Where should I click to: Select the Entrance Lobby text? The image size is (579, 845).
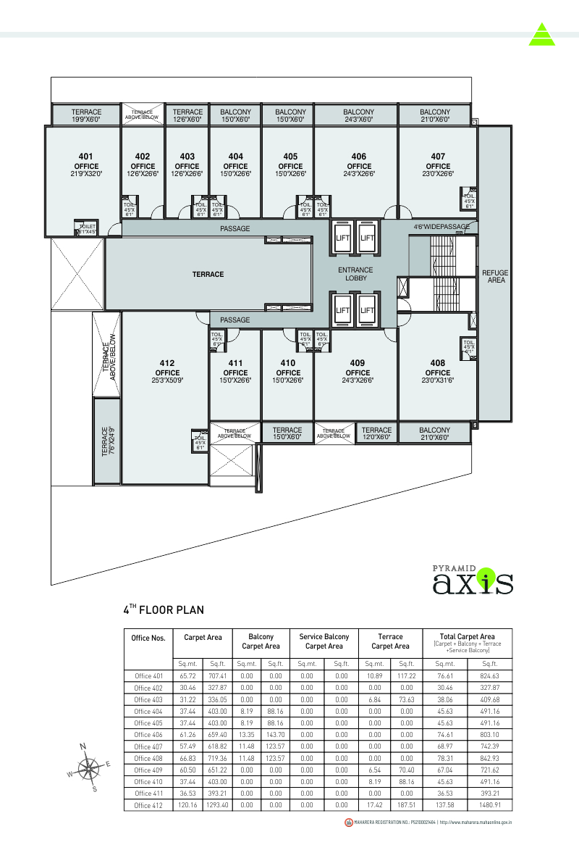click(x=356, y=274)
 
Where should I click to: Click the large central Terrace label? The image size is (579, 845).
click(x=208, y=275)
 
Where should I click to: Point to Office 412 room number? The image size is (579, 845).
click(x=166, y=363)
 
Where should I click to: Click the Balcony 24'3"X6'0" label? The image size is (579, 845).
click(x=358, y=116)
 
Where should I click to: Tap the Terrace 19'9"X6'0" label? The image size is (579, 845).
click(x=86, y=116)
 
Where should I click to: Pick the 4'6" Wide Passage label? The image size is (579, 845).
click(x=441, y=227)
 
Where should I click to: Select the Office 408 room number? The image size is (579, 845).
click(x=438, y=363)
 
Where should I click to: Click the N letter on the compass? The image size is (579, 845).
click(x=83, y=746)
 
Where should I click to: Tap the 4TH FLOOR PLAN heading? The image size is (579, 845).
click(x=163, y=609)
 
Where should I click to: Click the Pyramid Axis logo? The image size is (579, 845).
click(x=473, y=578)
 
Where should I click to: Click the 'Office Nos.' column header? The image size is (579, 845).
click(x=148, y=638)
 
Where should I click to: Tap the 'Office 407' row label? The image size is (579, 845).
click(x=148, y=746)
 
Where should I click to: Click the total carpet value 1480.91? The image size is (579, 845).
click(x=490, y=805)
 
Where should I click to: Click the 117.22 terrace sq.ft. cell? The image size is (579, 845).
click(x=407, y=675)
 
